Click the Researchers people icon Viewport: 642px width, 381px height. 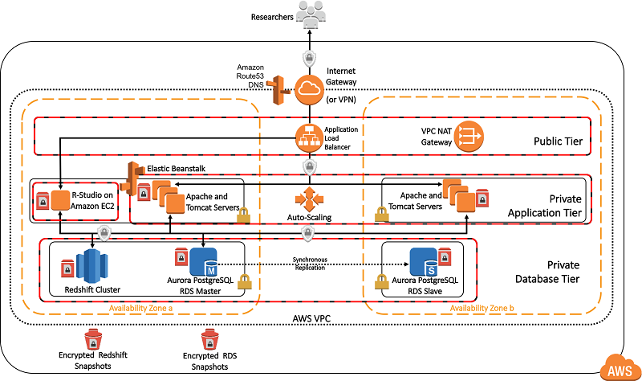pyautogui.click(x=308, y=14)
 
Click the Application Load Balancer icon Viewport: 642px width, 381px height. pyautogui.click(x=308, y=137)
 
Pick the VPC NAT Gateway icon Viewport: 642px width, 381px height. pyautogui.click(x=469, y=137)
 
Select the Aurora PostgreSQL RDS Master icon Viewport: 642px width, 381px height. pyautogui.click(x=204, y=263)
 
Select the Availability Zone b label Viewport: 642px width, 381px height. pyautogui.click(x=482, y=309)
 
